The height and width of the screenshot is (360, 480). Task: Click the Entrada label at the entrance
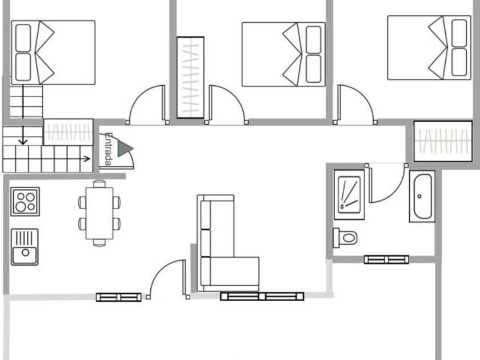point(108,149)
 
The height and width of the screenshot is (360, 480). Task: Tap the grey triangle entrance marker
point(124,149)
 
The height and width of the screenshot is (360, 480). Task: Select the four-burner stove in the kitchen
point(25,201)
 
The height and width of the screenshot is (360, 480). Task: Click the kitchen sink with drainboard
point(25,247)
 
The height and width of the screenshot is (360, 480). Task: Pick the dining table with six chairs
point(99,213)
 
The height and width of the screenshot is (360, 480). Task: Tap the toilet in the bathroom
point(345,238)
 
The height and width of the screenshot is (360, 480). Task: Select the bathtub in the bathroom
point(422,196)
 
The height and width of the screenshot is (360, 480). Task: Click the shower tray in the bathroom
point(349,195)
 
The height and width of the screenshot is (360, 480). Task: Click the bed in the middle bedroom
point(283,54)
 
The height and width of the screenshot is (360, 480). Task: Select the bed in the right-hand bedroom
point(429,48)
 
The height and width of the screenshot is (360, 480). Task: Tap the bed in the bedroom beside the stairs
point(53,53)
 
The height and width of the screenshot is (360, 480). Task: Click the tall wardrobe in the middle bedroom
point(190,78)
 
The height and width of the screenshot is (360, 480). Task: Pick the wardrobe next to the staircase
point(68,132)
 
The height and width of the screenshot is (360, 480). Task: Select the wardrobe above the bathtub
point(443,141)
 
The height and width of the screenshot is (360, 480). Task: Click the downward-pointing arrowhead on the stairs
point(23,142)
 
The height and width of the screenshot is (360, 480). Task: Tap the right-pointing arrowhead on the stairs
point(87,159)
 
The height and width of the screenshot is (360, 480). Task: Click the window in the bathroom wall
point(386,259)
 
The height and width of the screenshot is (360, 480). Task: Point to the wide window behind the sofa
point(262,297)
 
